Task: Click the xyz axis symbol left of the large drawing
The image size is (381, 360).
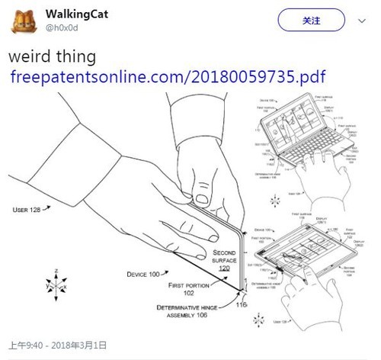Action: click(x=56, y=276)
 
